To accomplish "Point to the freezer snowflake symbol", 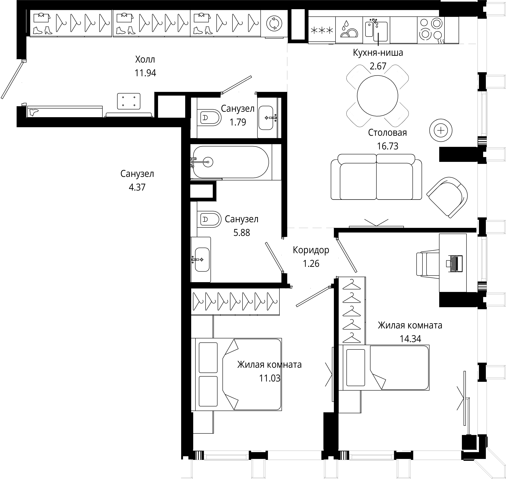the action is coord(322,30).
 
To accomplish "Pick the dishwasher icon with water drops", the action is coord(349,29).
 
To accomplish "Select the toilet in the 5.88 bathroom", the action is coord(209,219).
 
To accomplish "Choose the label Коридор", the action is coord(311,250).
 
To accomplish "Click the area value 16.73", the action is coord(388,146).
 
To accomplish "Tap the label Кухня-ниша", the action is coord(378,53).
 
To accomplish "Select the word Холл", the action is coord(145,60).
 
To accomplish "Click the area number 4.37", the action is coord(137,187).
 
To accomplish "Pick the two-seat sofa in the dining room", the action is coord(376,177).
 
